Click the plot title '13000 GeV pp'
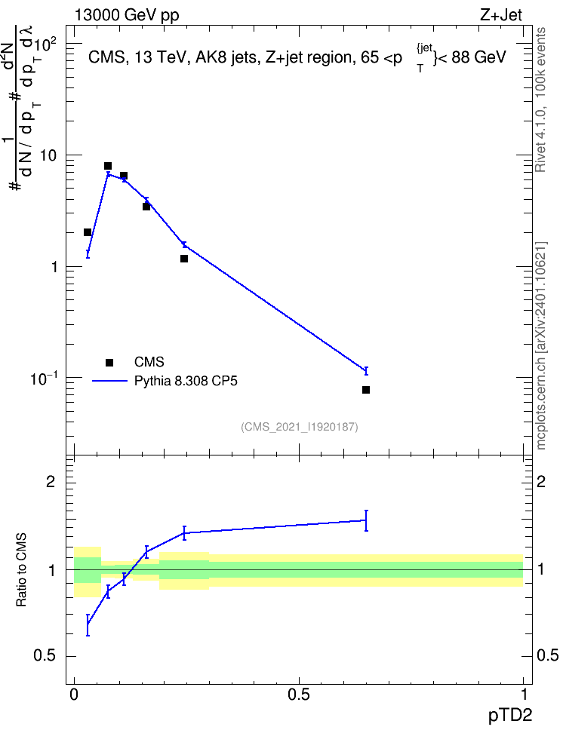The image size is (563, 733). pyautogui.click(x=127, y=16)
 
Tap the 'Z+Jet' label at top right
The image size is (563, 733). pyautogui.click(x=501, y=15)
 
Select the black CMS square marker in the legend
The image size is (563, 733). pyautogui.click(x=109, y=362)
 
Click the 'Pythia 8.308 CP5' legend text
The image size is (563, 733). pyautogui.click(x=186, y=381)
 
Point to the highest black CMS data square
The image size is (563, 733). pyautogui.click(x=108, y=166)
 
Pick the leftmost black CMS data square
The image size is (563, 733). pyautogui.click(x=87, y=232)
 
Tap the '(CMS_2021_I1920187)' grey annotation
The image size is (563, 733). pyautogui.click(x=300, y=427)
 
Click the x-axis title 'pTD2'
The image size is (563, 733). pyautogui.click(x=510, y=716)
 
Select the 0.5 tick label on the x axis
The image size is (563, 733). pyautogui.click(x=299, y=695)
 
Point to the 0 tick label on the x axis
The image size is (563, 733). pyautogui.click(x=74, y=695)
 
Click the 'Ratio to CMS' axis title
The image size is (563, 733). pyautogui.click(x=22, y=570)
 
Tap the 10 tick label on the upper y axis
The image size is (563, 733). pyautogui.click(x=48, y=155)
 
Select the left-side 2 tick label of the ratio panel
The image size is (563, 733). pyautogui.click(x=51, y=481)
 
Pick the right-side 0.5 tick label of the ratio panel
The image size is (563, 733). pyautogui.click(x=547, y=656)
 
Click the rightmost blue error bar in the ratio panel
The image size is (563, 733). pyautogui.click(x=366, y=520)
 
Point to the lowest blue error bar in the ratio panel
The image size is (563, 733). pyautogui.click(x=88, y=625)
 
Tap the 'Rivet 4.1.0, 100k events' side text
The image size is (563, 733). pyautogui.click(x=540, y=100)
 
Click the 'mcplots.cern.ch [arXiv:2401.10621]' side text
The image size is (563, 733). pyautogui.click(x=541, y=345)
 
